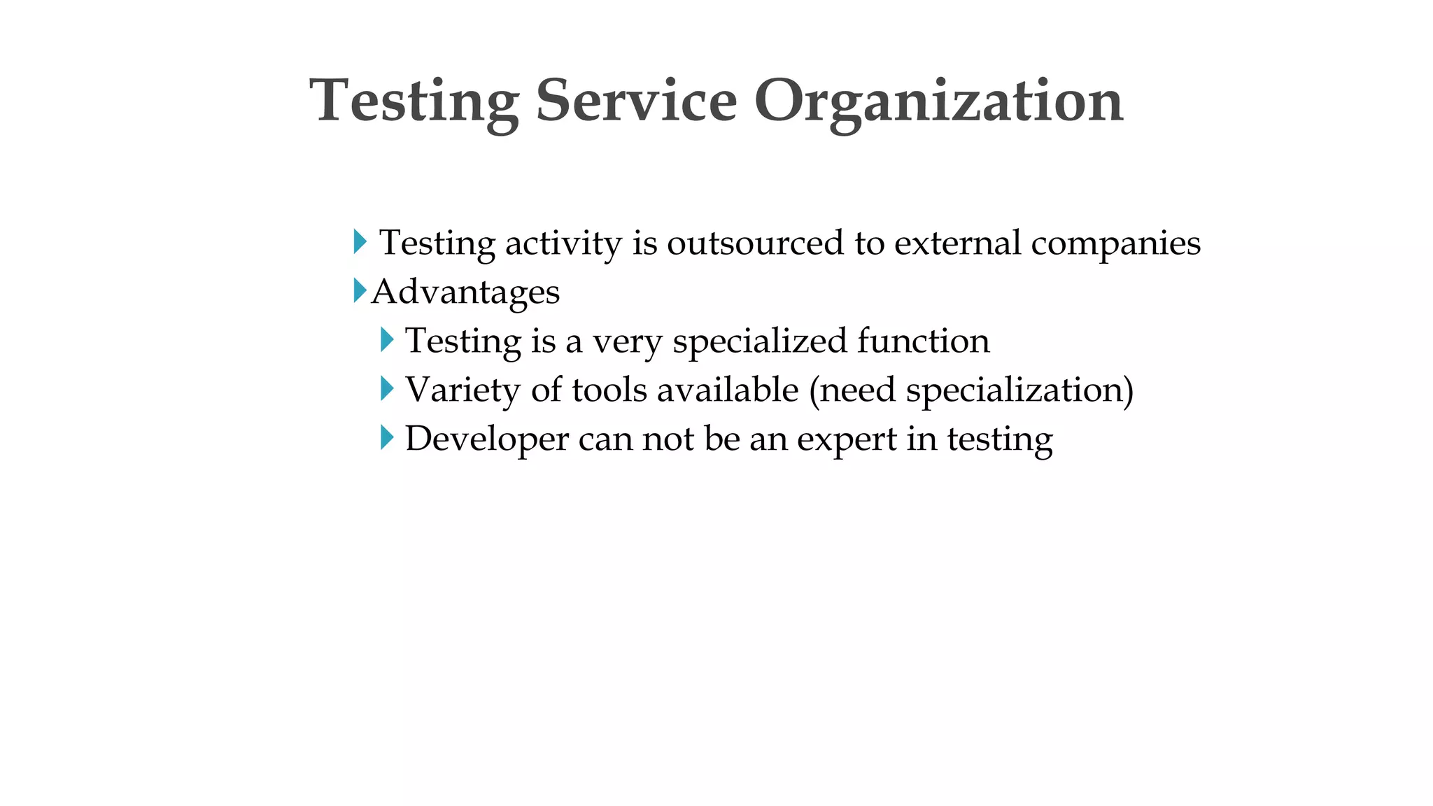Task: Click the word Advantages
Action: click(465, 292)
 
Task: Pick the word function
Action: click(924, 341)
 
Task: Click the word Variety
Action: click(463, 390)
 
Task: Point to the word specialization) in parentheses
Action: click(1019, 390)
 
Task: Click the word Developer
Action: click(487, 439)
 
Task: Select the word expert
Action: click(847, 439)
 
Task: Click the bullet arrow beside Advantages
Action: click(360, 290)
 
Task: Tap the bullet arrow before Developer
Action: click(387, 438)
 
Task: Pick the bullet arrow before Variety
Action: click(387, 388)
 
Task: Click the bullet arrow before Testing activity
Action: click(360, 241)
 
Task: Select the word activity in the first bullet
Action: click(563, 243)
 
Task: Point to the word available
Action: click(728, 390)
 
